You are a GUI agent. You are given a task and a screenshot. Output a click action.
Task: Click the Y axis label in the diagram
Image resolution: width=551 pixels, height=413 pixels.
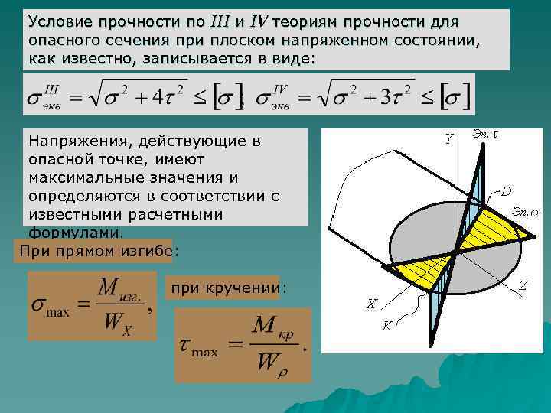click(449, 138)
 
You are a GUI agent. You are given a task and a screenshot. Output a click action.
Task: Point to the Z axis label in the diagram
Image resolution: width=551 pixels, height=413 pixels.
click(523, 285)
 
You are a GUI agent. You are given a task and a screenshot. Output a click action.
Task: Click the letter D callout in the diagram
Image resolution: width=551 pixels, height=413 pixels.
click(507, 190)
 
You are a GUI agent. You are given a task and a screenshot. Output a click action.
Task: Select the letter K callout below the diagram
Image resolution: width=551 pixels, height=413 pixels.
click(387, 326)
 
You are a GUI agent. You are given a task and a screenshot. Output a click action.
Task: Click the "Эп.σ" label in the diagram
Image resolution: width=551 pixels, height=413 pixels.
click(525, 210)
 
